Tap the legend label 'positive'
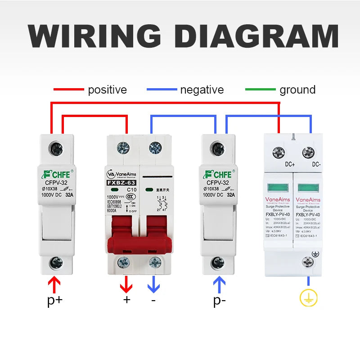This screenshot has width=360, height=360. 107,90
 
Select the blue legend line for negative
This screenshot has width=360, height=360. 162,90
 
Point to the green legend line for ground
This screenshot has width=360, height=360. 260,90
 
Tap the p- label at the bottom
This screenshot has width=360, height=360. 219,301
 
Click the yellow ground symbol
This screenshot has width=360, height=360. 309,297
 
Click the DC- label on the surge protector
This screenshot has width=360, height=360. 317,165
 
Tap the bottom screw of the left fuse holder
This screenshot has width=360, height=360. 55,262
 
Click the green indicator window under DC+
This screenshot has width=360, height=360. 278,187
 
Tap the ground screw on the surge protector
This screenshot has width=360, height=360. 308,261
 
